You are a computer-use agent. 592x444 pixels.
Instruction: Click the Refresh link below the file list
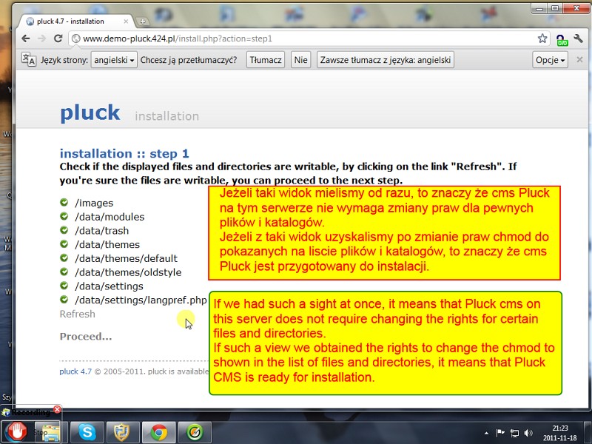tap(78, 314)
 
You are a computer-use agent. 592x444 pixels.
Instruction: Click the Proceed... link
tap(86, 337)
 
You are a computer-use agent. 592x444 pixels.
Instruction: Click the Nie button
tap(300, 60)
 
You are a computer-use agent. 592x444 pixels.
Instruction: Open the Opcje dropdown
tap(550, 60)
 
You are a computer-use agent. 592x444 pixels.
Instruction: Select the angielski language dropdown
tap(114, 60)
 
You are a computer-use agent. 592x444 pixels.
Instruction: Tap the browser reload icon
tap(58, 38)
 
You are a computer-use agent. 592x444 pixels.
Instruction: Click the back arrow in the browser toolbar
tap(26, 38)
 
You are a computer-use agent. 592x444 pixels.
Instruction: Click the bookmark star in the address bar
tap(542, 38)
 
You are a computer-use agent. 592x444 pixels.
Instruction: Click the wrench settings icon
tap(578, 38)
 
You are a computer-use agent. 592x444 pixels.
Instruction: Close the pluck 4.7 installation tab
tap(126, 21)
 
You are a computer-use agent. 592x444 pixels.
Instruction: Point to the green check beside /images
tap(64, 203)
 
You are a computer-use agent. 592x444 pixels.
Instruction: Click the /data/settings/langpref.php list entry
tap(141, 300)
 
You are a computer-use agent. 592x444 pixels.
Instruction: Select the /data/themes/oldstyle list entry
tap(128, 272)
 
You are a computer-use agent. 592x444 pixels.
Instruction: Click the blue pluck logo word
tap(90, 112)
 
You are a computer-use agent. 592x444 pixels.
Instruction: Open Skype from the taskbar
tap(87, 432)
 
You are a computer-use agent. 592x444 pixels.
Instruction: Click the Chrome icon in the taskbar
tap(159, 432)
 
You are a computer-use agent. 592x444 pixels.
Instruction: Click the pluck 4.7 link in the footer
tap(75, 371)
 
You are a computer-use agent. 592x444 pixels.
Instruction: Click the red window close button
tap(576, 8)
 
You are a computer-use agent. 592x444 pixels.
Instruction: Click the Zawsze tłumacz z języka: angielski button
tap(386, 60)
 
